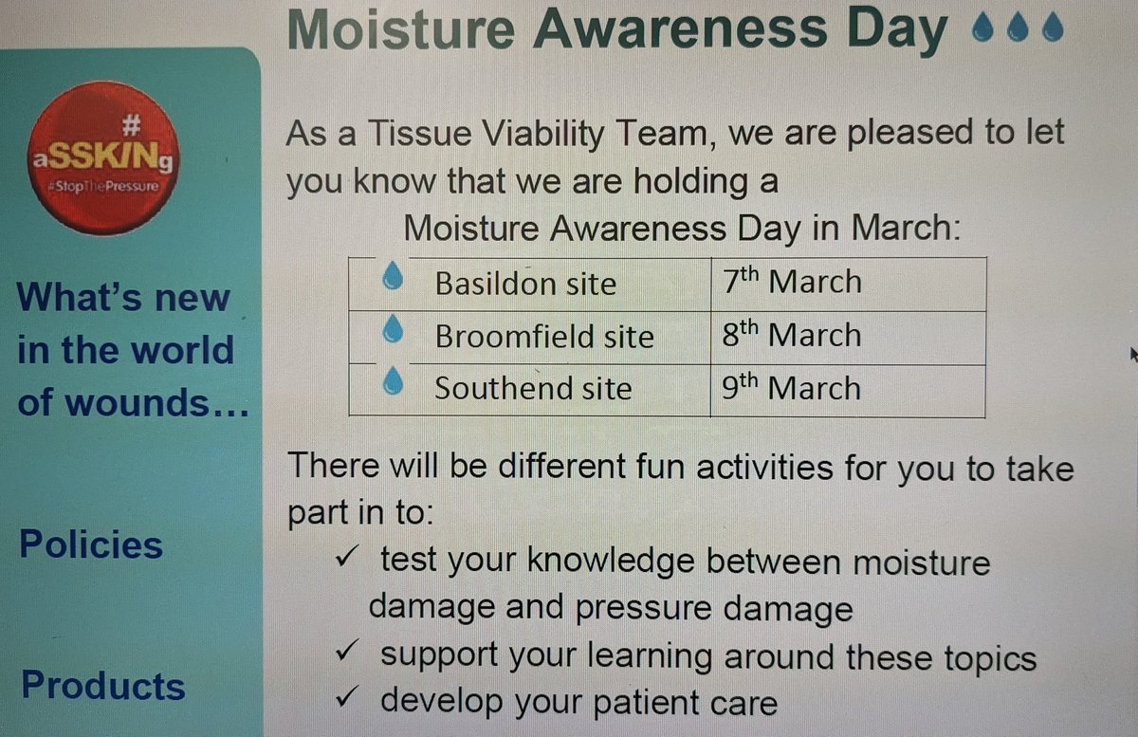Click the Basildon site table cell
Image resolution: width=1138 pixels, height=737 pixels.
click(525, 284)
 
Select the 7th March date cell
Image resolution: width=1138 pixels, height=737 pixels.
click(792, 282)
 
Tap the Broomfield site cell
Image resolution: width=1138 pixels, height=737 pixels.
click(543, 337)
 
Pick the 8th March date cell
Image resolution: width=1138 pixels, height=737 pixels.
click(792, 335)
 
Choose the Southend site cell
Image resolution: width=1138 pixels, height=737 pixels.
click(533, 389)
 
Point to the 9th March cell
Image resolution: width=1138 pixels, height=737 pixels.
click(792, 388)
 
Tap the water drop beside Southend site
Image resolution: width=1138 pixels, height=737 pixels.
click(393, 382)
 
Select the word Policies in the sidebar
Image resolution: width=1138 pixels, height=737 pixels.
click(91, 544)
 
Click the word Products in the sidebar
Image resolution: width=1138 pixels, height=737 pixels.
click(102, 686)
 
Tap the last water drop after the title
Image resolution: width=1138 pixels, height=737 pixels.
click(1051, 32)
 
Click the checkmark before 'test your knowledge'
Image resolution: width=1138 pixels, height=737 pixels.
click(346, 559)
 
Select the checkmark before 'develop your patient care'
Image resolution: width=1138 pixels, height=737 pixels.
click(346, 701)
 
